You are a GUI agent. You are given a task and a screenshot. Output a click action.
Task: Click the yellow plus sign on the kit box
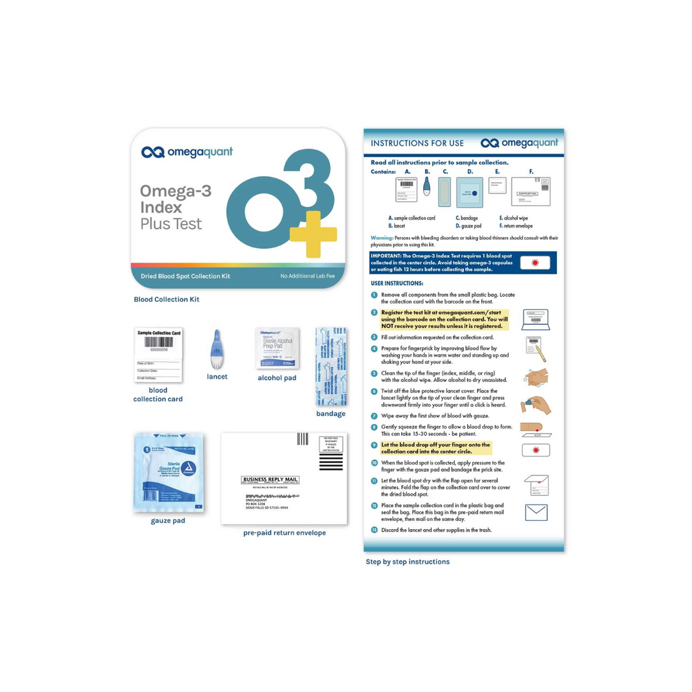point(313,233)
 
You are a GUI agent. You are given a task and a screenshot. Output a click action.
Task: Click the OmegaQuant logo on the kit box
point(187,152)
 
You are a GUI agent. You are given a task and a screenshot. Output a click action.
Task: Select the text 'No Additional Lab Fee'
point(308,276)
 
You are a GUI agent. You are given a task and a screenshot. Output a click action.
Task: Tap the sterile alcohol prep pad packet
point(277,348)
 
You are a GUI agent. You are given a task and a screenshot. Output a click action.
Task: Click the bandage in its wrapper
point(332,367)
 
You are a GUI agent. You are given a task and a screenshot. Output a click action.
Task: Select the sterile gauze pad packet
point(169,472)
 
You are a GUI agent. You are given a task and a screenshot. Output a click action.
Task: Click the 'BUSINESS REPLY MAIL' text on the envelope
point(270,479)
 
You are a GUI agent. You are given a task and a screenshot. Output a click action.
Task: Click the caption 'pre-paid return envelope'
point(284,533)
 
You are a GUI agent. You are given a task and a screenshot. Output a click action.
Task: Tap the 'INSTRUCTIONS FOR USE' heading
point(417,144)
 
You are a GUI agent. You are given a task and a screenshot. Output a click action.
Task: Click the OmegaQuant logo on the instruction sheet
point(520,143)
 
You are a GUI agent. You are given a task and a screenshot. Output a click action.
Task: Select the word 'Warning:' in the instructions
point(382,238)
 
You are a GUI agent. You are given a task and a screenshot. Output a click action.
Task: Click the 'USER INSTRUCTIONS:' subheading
point(397,283)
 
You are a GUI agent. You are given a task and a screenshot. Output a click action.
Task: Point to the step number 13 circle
point(374,530)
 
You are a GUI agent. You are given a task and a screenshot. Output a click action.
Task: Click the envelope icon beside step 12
point(536,513)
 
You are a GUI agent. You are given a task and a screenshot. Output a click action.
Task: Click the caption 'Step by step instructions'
point(408,562)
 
